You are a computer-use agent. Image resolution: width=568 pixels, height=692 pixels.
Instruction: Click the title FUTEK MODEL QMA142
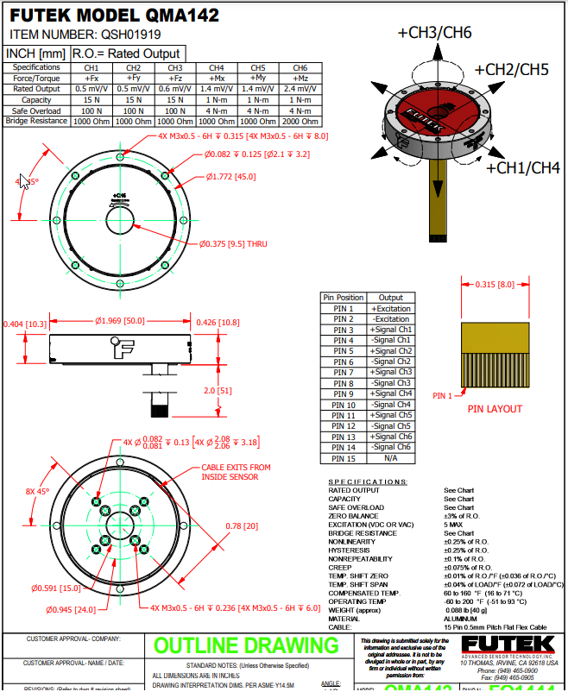tap(114, 16)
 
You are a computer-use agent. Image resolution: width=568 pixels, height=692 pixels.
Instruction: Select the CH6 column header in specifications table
tap(300, 67)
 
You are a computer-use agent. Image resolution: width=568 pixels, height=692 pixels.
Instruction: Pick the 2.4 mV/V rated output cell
tap(300, 89)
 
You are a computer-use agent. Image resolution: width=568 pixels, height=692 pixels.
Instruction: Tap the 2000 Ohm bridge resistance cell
tap(300, 122)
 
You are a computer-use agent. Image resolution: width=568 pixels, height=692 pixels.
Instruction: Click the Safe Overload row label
tap(35, 110)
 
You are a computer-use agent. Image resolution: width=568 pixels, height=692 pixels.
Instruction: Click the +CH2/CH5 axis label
tap(511, 69)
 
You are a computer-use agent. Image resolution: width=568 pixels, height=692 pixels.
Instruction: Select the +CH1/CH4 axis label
tap(523, 167)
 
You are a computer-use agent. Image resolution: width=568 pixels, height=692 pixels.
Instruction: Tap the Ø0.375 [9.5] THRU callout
tap(234, 244)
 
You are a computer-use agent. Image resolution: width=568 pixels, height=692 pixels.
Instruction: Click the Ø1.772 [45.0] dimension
tap(230, 177)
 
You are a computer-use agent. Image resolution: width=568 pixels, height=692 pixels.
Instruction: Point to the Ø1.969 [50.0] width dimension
tap(120, 321)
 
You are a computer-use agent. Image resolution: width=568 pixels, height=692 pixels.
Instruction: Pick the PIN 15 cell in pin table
tap(344, 458)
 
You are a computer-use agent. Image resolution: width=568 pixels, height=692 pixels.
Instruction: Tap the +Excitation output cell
tap(391, 308)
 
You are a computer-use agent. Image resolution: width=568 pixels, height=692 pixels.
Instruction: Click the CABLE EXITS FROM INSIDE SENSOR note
tap(236, 473)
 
